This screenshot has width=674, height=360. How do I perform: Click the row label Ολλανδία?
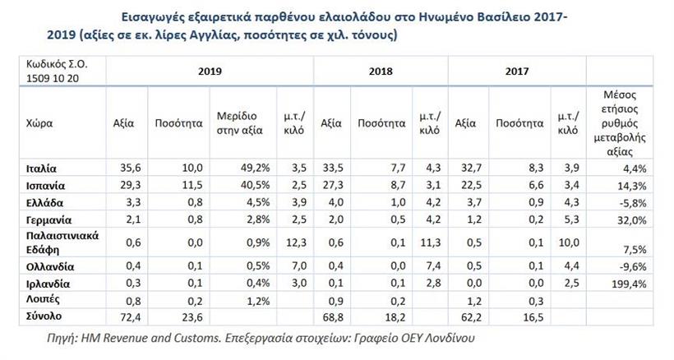[51, 266]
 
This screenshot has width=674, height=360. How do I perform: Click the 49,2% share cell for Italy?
[250, 169]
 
